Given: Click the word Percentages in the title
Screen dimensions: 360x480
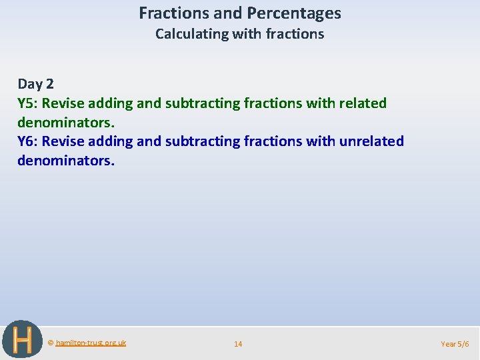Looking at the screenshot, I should (x=295, y=13).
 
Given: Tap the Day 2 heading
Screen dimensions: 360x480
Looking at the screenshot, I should (x=36, y=84).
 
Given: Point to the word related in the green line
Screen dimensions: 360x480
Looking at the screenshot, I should (x=363, y=103).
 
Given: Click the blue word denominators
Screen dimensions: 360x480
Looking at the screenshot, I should (x=66, y=161).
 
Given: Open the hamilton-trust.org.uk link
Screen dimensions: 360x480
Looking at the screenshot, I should (x=91, y=343).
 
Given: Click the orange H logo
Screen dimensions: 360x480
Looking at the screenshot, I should (x=22, y=339).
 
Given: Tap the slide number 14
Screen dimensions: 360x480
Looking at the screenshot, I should (x=238, y=344).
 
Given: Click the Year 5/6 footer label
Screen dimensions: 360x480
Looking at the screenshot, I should (x=455, y=344).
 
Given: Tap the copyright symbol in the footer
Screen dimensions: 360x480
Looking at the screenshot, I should (x=51, y=343).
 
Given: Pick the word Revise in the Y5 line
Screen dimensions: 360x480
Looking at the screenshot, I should (x=63, y=103).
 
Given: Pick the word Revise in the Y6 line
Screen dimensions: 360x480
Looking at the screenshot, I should (x=63, y=141).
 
